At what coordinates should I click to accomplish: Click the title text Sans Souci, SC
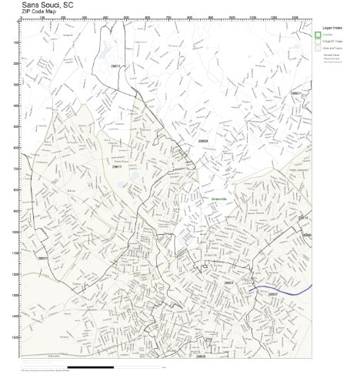(x=48, y=4)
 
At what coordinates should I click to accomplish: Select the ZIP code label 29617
(x=117, y=166)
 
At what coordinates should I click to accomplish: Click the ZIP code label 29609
(x=203, y=140)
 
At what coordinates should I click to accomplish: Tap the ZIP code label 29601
(x=228, y=283)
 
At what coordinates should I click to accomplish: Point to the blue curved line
(x=292, y=292)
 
